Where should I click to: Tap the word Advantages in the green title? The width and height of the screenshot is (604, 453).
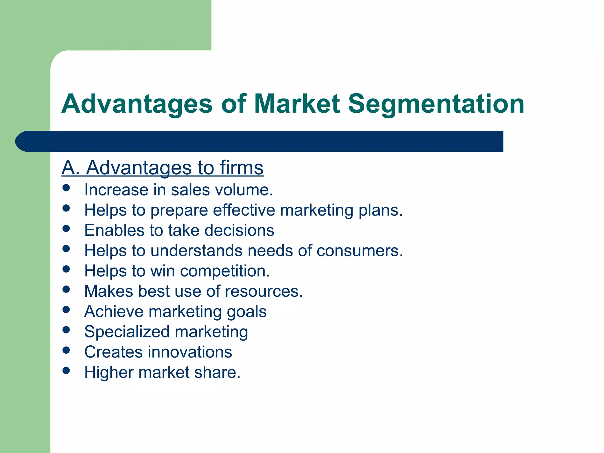tap(137, 104)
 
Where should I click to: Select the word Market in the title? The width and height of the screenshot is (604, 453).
tap(296, 104)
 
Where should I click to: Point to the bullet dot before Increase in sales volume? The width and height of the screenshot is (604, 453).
tap(66, 188)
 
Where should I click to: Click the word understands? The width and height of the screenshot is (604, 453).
tap(196, 251)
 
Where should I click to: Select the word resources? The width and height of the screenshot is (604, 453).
tap(264, 291)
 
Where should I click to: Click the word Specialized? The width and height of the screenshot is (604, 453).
tap(127, 332)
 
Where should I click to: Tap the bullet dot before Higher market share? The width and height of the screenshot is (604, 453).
tap(66, 370)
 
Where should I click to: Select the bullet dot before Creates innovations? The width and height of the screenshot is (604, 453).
tap(66, 350)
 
